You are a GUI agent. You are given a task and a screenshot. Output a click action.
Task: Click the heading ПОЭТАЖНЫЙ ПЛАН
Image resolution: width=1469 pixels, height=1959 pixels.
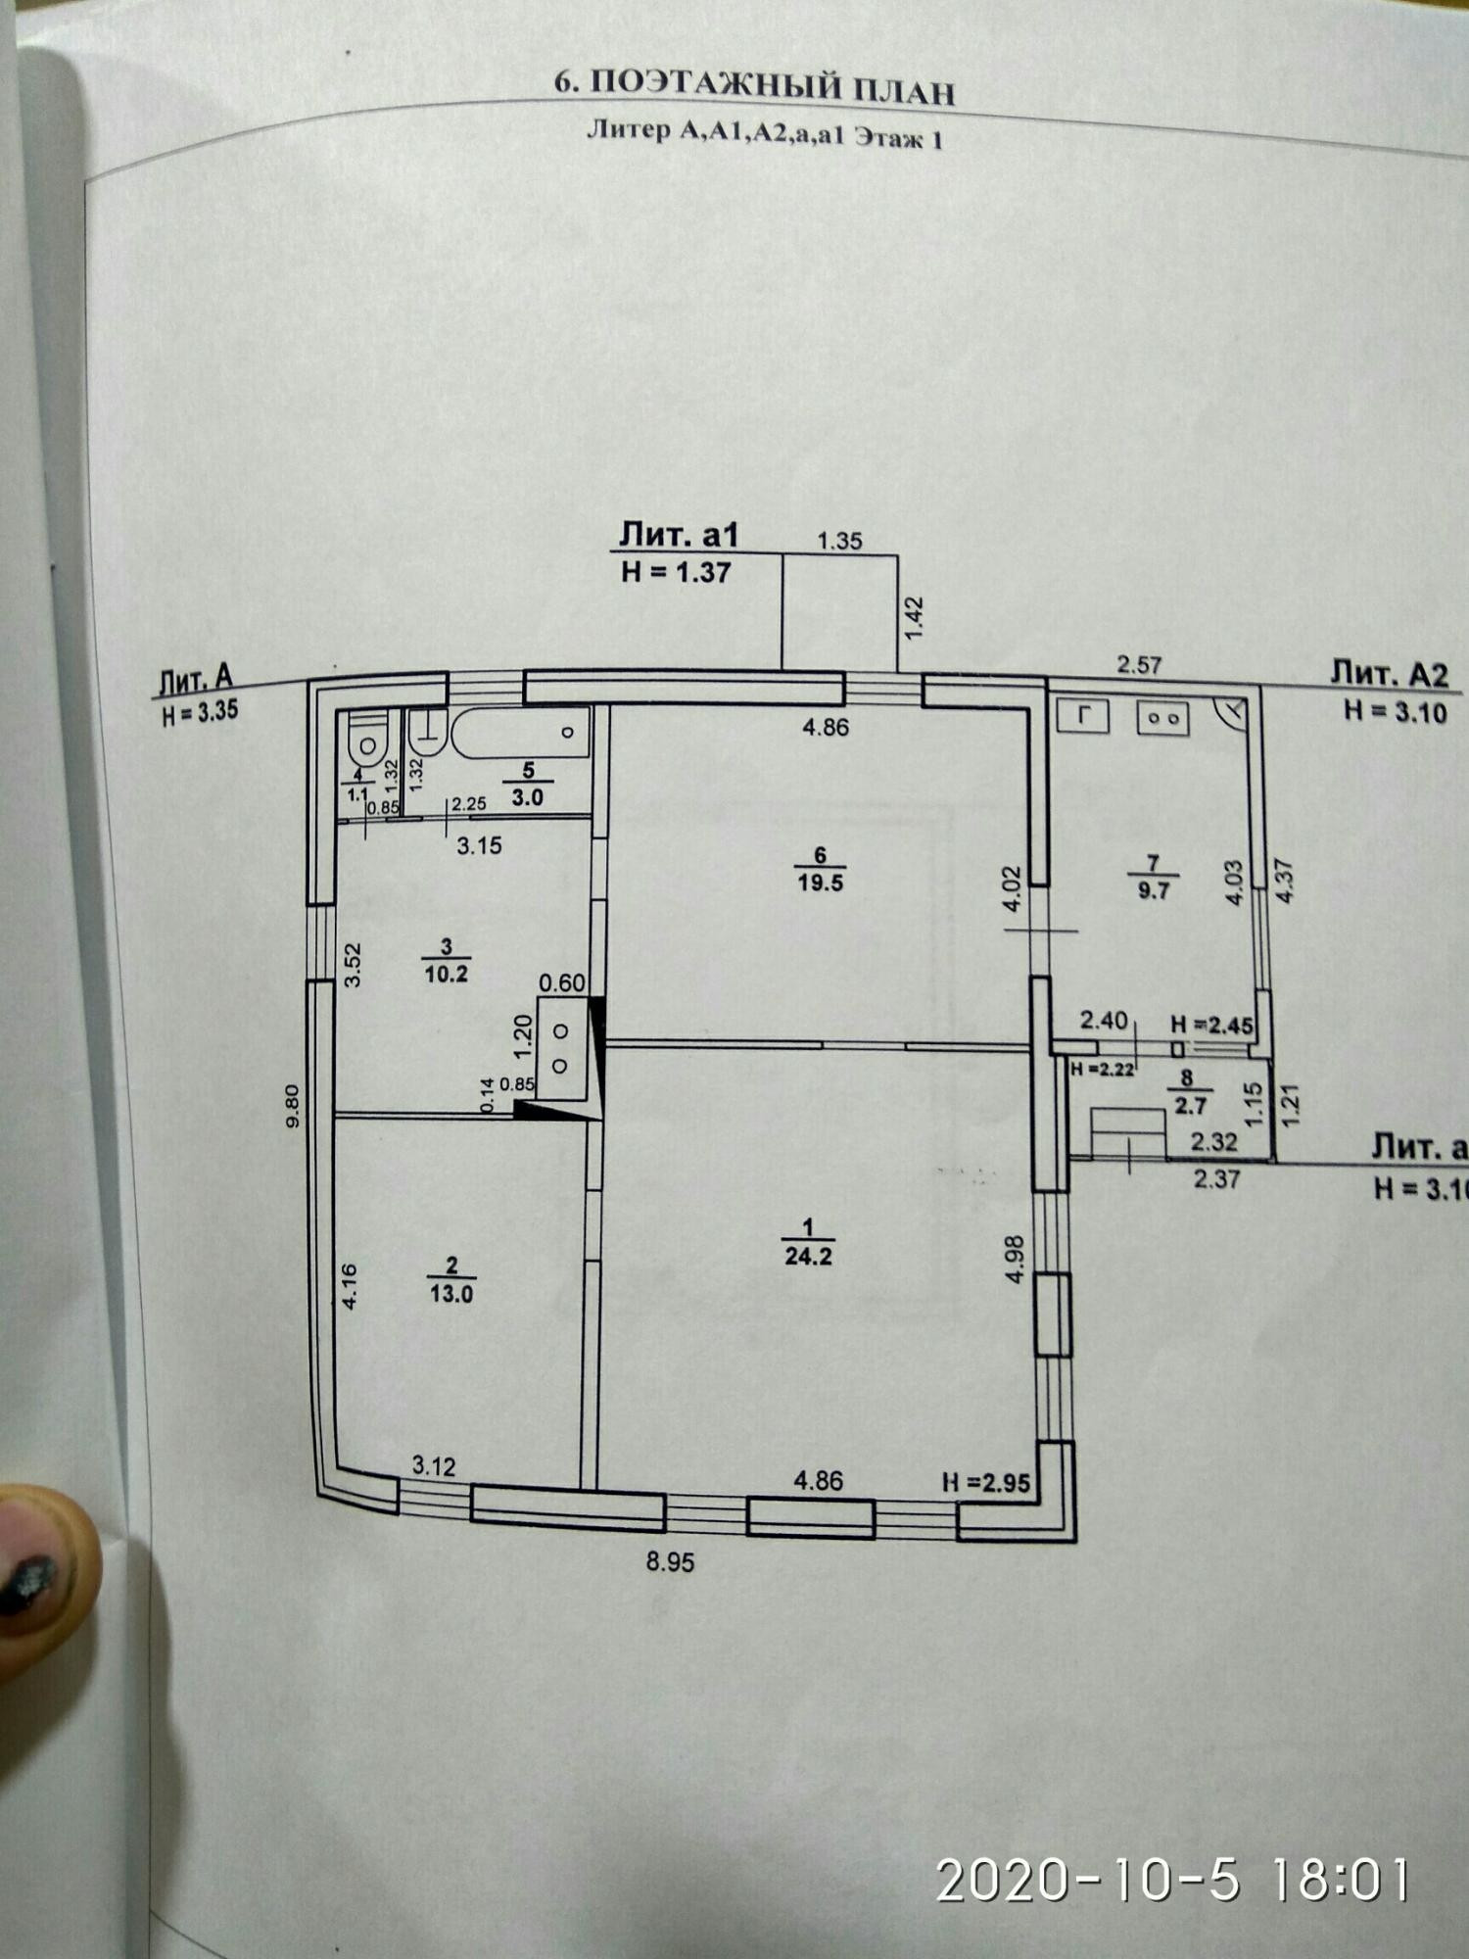[x=755, y=88]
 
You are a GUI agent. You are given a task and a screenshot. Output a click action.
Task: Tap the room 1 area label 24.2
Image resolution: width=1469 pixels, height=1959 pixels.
[x=808, y=1257]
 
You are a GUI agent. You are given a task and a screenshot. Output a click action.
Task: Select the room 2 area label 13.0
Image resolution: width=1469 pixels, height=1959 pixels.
[x=451, y=1294]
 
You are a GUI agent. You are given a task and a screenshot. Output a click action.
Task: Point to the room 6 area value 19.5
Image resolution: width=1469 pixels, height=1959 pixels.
[x=821, y=883]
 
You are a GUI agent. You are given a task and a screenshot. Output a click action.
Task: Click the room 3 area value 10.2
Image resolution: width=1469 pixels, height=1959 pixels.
[x=446, y=974]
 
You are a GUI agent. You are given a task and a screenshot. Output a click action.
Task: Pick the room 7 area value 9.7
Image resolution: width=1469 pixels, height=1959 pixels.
[x=1154, y=890]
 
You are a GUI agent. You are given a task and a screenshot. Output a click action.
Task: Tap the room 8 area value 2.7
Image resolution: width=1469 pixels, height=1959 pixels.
[x=1189, y=1107]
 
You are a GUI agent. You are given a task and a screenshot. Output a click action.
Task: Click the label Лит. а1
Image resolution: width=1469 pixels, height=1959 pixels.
[x=678, y=535]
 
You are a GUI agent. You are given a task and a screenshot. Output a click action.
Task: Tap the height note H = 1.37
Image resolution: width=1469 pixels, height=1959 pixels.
[x=676, y=572]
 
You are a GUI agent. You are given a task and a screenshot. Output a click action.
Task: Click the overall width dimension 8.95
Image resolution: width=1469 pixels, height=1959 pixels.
[x=670, y=1561]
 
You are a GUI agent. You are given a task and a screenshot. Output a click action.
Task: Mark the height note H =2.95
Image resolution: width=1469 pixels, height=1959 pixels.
[x=986, y=1483]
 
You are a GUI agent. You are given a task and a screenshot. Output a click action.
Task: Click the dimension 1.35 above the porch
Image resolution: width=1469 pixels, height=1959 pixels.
[x=839, y=540]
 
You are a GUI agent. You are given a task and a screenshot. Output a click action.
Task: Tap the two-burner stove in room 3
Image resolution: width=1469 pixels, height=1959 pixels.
[x=562, y=1047]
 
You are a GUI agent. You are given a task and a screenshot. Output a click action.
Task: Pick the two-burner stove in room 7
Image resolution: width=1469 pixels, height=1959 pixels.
[x=1162, y=718]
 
